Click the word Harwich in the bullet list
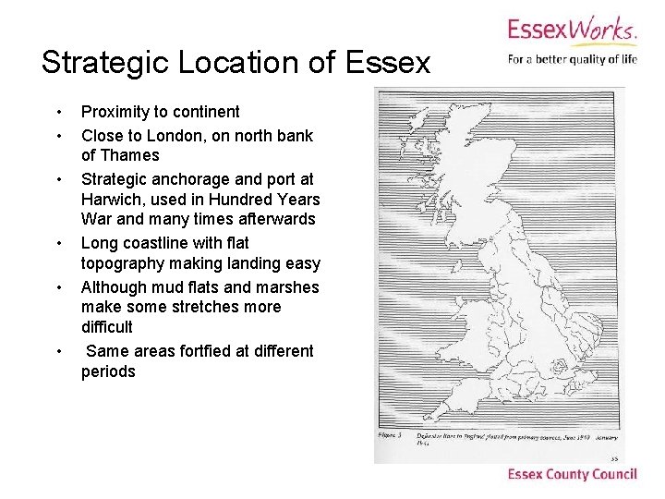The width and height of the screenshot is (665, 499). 110,200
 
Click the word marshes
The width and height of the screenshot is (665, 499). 287,286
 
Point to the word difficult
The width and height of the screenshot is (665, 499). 107,327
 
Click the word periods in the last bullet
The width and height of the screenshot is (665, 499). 108,371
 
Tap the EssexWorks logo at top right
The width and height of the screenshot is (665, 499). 571,30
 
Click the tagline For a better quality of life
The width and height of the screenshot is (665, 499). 572,60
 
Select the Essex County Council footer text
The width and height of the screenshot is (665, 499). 572,474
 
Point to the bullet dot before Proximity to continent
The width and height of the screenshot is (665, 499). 59,113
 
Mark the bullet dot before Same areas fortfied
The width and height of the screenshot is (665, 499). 59,352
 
